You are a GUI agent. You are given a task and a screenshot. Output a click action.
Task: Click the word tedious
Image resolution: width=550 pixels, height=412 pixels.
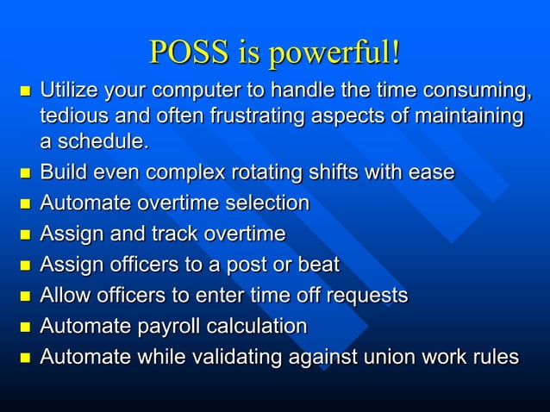pyautogui.click(x=71, y=115)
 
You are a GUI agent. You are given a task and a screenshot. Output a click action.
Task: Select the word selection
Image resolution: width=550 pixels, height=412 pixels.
pyautogui.click(x=265, y=203)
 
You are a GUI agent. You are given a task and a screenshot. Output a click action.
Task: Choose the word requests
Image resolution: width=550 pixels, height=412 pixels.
pyautogui.click(x=362, y=296)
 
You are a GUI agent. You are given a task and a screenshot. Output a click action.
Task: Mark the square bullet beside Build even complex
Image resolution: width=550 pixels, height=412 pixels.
pyautogui.click(x=23, y=173)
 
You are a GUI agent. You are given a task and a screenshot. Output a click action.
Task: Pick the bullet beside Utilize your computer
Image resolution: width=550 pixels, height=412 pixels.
pyautogui.click(x=23, y=91)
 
